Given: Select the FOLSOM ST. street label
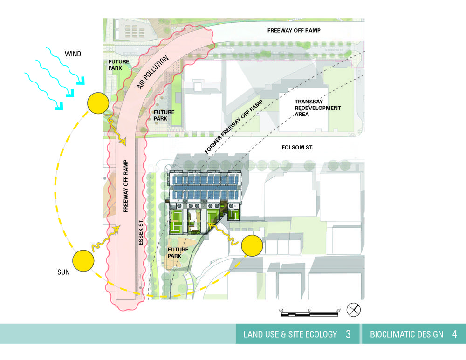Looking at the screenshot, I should point(298,148).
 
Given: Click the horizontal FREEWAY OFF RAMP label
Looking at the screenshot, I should point(294,31).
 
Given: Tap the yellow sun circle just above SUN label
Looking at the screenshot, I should point(83,260).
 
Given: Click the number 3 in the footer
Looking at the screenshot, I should point(348,334).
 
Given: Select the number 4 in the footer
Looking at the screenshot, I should point(454,334).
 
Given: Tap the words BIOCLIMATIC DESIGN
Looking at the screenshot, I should point(406,334).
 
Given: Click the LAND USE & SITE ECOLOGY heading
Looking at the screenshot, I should point(290,334).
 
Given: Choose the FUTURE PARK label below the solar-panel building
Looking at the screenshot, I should point(178,253).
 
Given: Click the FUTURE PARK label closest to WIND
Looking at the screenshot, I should point(118,65).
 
